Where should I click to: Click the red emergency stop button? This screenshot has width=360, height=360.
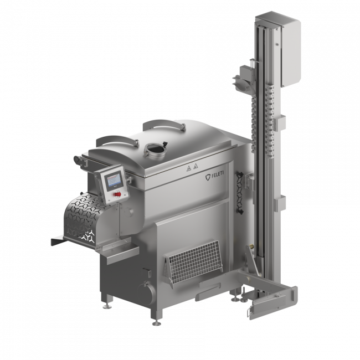(x=117, y=194)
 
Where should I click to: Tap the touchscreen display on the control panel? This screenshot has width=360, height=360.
(x=113, y=180)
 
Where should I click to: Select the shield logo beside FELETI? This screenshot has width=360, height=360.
(x=208, y=177)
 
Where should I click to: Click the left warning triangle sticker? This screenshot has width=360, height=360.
(x=189, y=168)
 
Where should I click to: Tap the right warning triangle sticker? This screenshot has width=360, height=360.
(x=196, y=166)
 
